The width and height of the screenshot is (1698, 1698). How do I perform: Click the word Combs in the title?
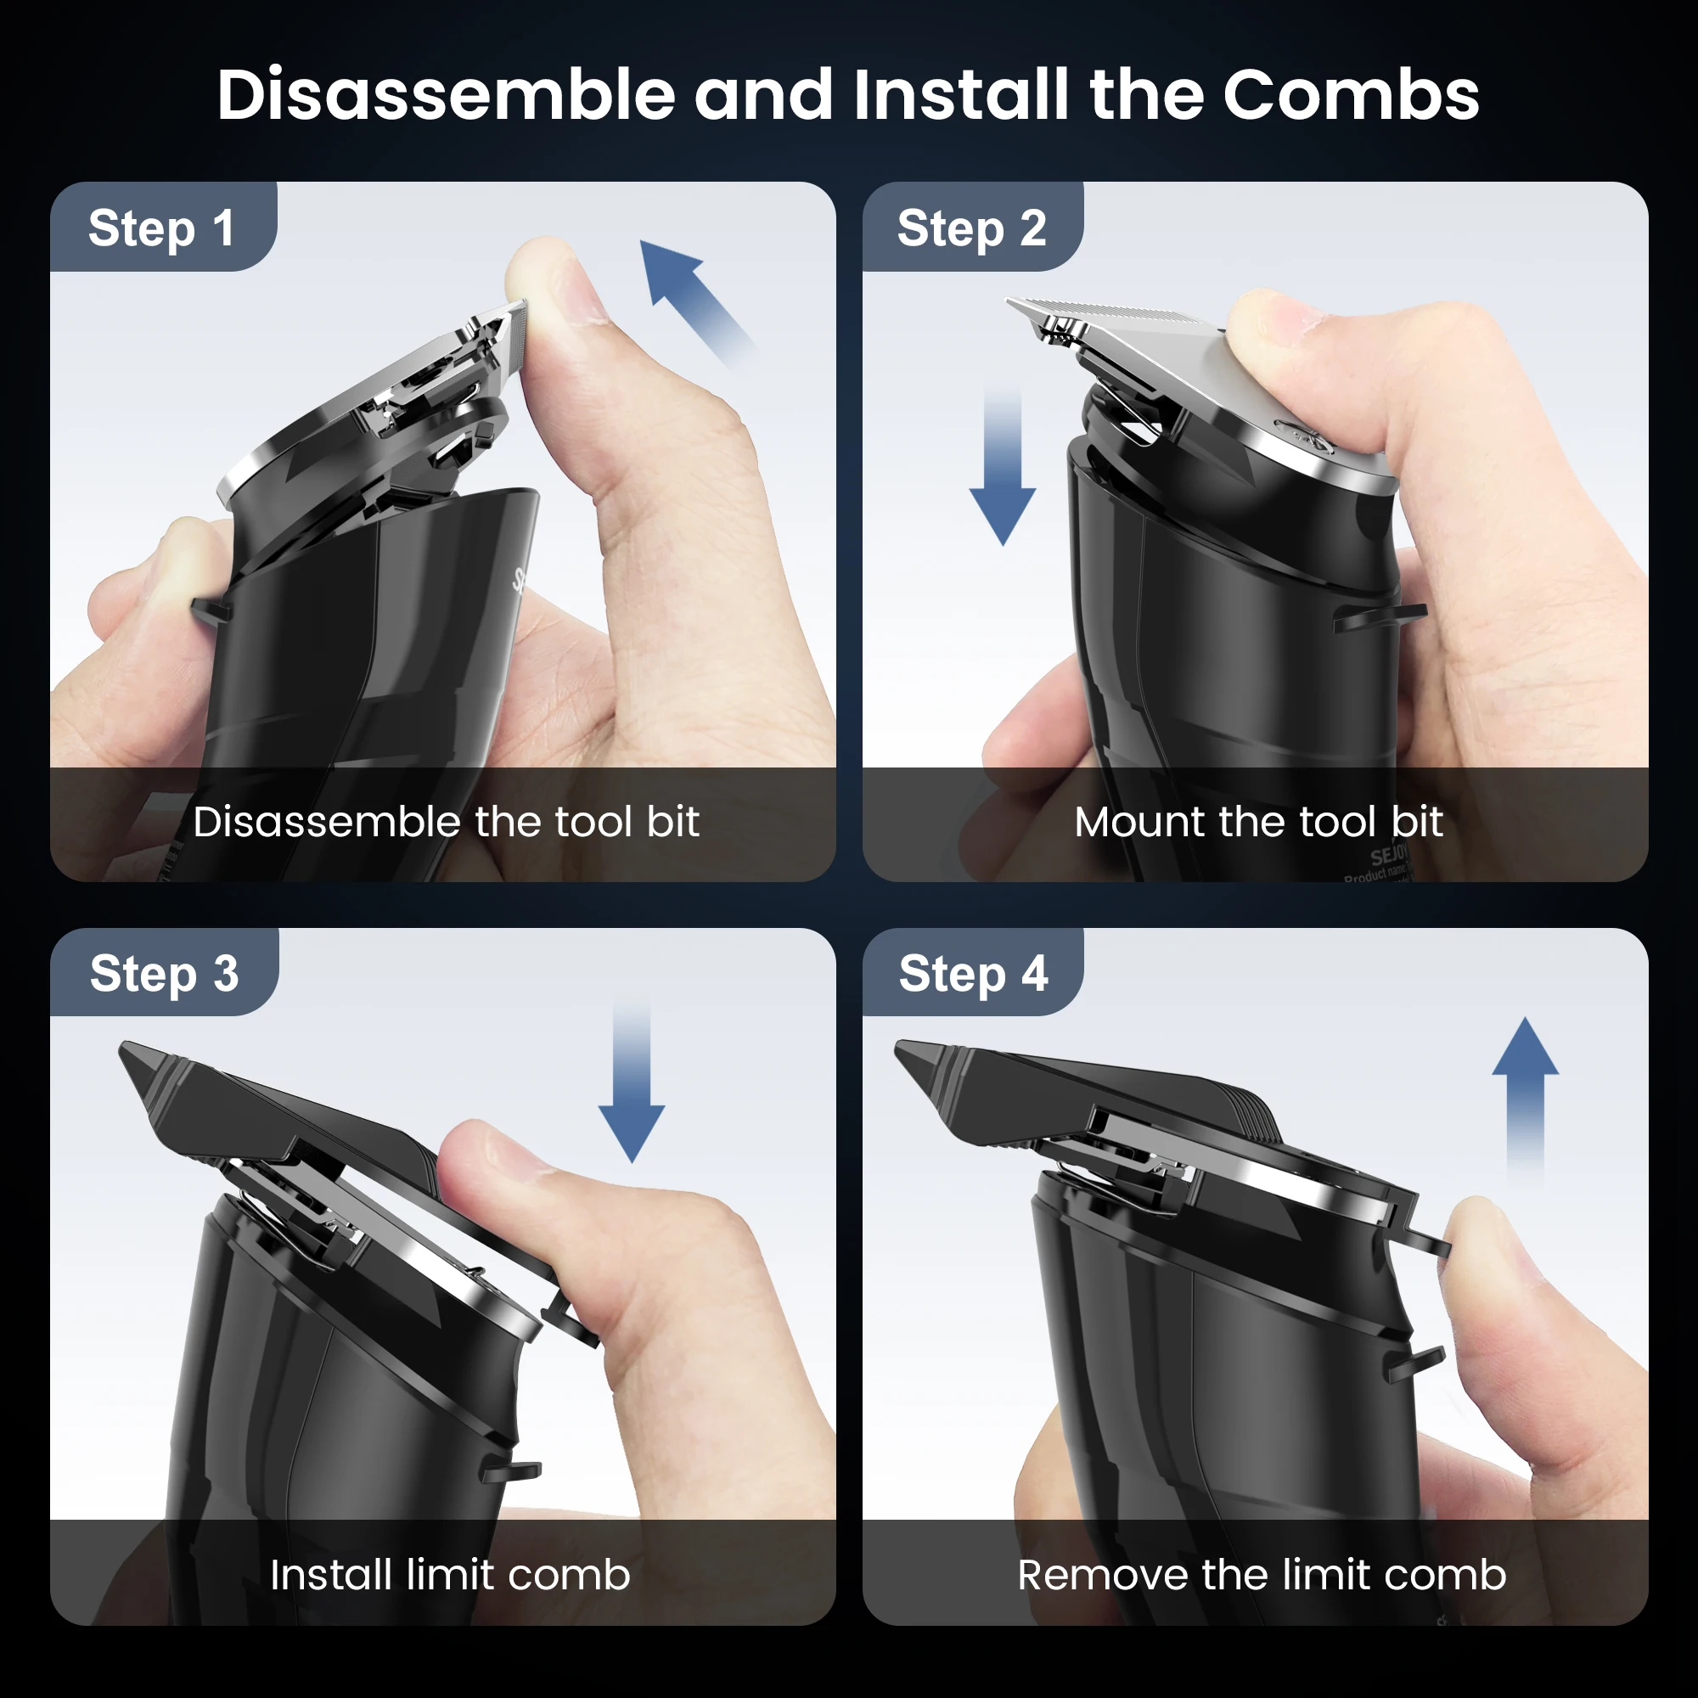[x=1351, y=95]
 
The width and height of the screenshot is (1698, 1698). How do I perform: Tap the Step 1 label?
[x=161, y=228]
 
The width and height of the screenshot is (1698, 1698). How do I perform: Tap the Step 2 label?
[x=971, y=228]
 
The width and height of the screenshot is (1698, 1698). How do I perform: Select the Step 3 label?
[x=164, y=974]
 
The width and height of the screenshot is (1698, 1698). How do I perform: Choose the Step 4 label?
[x=973, y=974]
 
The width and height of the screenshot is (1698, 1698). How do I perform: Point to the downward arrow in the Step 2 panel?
[x=1003, y=475]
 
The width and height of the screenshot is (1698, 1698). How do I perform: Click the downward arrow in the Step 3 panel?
[x=631, y=1090]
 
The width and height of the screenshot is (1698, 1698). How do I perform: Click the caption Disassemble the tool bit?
[x=446, y=822]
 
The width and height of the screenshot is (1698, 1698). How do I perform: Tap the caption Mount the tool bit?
[x=1257, y=822]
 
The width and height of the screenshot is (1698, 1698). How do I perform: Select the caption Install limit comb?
[x=450, y=1574]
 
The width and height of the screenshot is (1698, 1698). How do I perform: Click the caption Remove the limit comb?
[x=1262, y=1574]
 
